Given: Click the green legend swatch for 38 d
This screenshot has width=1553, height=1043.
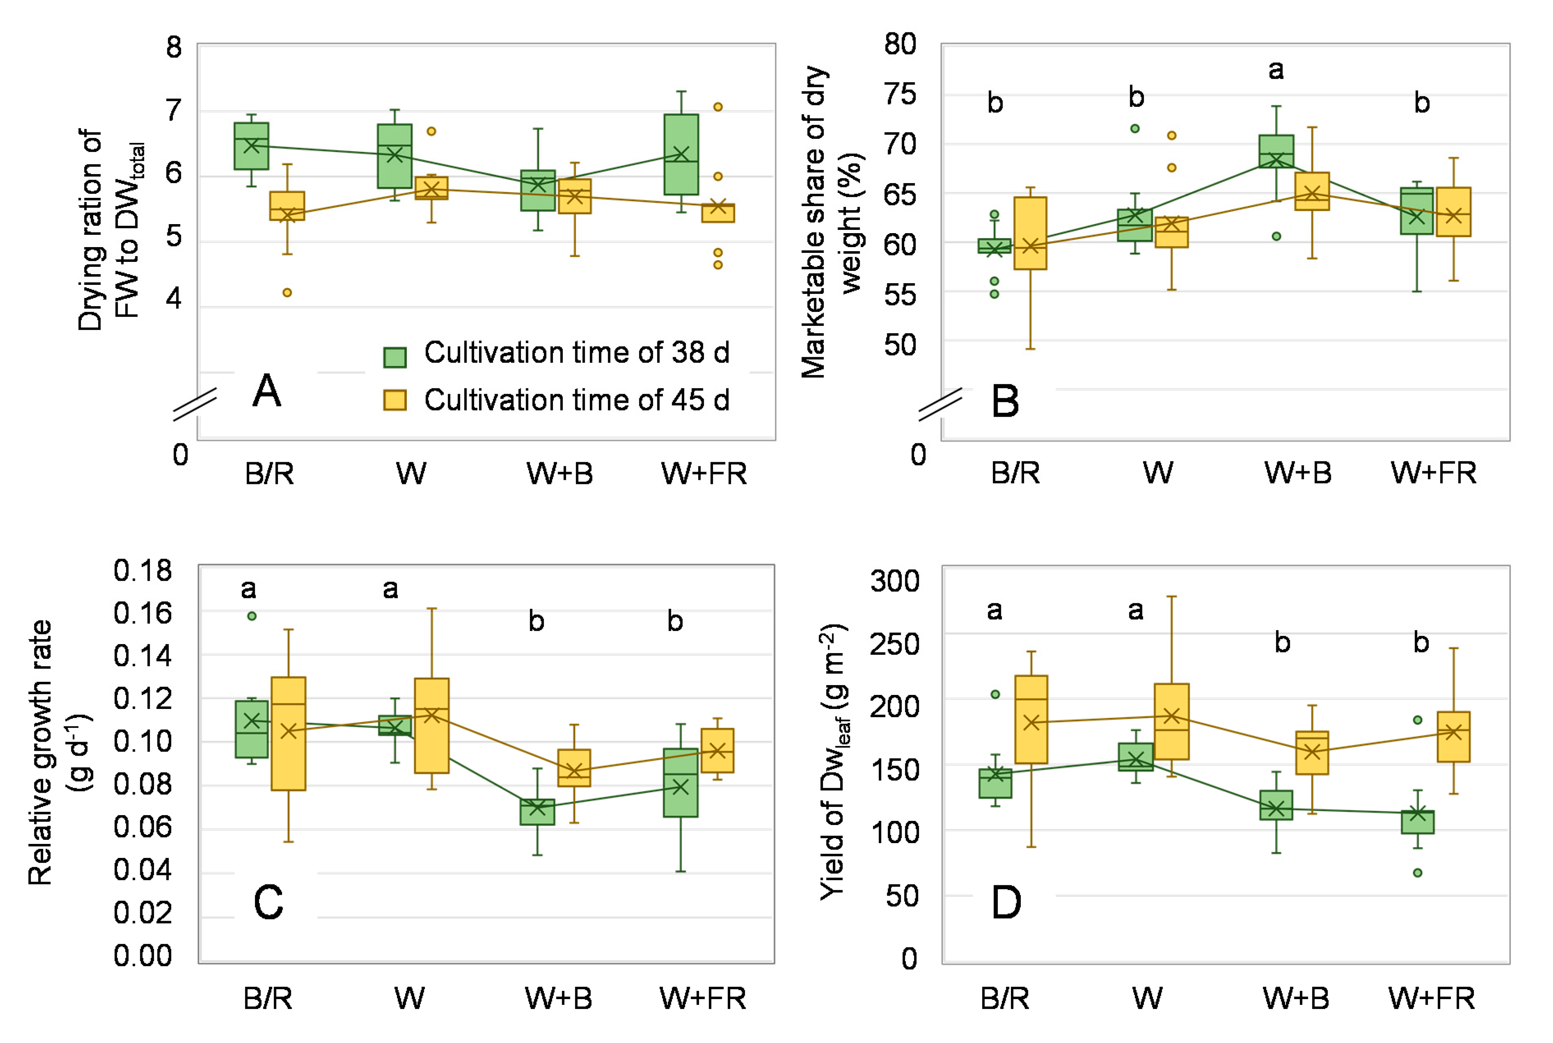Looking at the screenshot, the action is click(395, 357).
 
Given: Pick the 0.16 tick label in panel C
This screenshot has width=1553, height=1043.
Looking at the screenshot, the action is click(142, 613).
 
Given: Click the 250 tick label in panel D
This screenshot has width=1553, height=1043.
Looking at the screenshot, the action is click(895, 644).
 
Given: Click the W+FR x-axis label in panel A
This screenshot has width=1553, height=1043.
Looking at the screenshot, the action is click(704, 474).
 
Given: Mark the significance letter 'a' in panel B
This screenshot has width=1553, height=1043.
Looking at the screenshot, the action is click(1276, 70).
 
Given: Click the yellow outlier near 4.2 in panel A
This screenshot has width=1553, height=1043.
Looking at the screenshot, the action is click(287, 293).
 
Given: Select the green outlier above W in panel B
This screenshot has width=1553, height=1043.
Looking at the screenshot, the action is click(1135, 128).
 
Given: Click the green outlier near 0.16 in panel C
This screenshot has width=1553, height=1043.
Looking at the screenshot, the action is click(252, 616).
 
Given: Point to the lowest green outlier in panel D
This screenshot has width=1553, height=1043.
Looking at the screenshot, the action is click(1417, 873).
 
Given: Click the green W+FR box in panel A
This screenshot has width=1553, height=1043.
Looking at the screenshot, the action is click(681, 154).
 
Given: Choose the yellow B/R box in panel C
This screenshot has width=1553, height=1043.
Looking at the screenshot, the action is click(289, 734).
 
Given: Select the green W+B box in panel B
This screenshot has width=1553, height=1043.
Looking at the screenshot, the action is click(1276, 151).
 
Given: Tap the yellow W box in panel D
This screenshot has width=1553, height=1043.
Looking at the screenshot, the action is click(1172, 721).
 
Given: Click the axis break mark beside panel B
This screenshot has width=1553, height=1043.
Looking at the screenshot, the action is click(940, 404).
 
